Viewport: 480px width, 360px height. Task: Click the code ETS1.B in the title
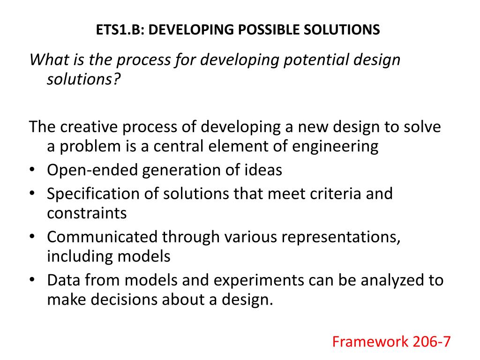(x=121, y=30)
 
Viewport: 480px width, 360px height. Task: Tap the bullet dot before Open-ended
(x=32, y=170)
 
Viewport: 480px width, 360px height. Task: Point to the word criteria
(x=329, y=194)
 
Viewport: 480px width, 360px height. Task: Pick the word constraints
(x=87, y=213)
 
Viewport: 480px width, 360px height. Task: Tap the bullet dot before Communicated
(x=32, y=237)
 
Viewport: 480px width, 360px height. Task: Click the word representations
(x=340, y=237)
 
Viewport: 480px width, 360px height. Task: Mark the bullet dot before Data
(x=32, y=280)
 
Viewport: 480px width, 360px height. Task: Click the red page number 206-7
(x=432, y=342)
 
